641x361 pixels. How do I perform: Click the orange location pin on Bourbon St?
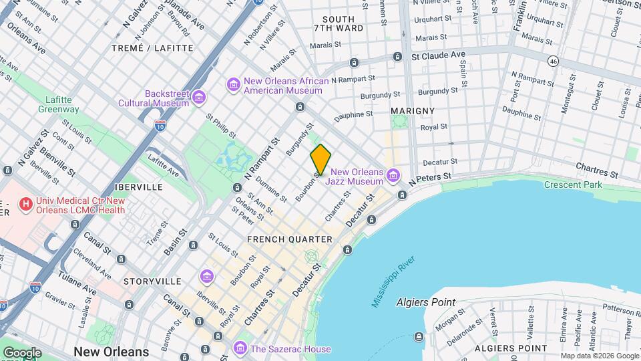(x=320, y=159)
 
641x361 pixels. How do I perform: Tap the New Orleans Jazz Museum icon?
(x=393, y=176)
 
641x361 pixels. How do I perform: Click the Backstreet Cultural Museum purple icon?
(x=198, y=99)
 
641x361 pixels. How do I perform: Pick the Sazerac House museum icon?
(x=240, y=348)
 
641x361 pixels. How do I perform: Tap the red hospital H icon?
(x=26, y=204)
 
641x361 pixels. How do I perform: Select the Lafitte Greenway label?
(x=58, y=104)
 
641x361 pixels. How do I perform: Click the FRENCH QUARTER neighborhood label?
(x=289, y=239)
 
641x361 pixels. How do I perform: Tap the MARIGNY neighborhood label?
(x=413, y=111)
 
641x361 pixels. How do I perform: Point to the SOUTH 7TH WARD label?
(x=339, y=23)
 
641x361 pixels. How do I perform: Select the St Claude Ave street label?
(x=438, y=55)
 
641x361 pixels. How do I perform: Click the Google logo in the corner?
(x=22, y=352)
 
